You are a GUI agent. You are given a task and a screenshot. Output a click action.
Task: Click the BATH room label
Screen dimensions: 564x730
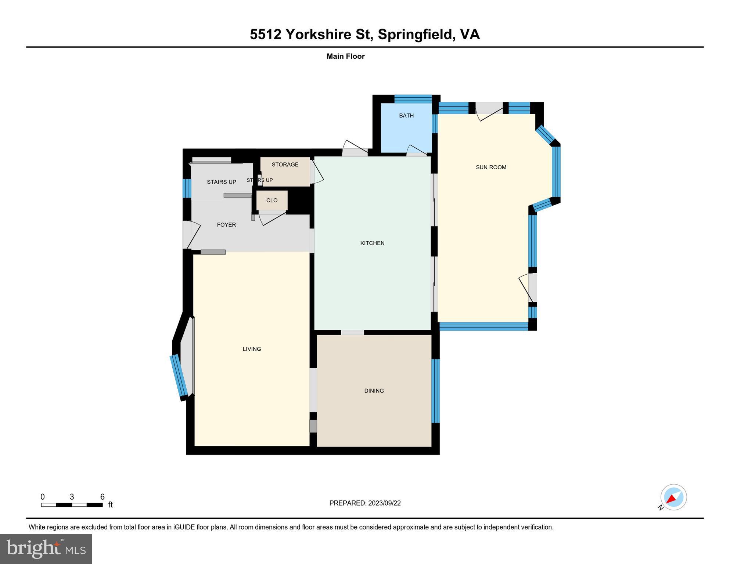click(406, 116)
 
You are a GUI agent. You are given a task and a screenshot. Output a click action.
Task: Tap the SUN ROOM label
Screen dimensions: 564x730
click(491, 167)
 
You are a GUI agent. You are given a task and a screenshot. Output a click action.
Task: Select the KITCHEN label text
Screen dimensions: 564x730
click(372, 243)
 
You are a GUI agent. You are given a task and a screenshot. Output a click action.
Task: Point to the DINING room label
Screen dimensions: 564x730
click(374, 391)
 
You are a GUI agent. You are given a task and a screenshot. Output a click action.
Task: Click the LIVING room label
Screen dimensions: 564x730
click(252, 349)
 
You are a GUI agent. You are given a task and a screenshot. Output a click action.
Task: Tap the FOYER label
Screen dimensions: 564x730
click(226, 225)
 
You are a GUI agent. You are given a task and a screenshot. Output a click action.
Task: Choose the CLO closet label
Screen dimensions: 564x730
click(272, 200)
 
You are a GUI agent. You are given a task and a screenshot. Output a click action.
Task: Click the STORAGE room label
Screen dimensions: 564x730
click(285, 164)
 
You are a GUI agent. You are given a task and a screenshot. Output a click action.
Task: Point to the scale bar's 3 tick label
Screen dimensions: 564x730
click(72, 497)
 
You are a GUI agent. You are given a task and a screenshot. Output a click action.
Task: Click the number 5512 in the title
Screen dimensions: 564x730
click(265, 35)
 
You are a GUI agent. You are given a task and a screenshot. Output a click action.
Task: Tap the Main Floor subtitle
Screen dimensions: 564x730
click(345, 57)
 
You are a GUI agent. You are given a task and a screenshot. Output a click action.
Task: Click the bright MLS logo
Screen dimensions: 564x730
click(46, 549)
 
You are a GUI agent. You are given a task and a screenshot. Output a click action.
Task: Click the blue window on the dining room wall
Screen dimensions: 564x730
click(435, 391)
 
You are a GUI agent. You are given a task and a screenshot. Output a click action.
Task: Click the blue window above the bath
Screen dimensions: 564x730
click(413, 98)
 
